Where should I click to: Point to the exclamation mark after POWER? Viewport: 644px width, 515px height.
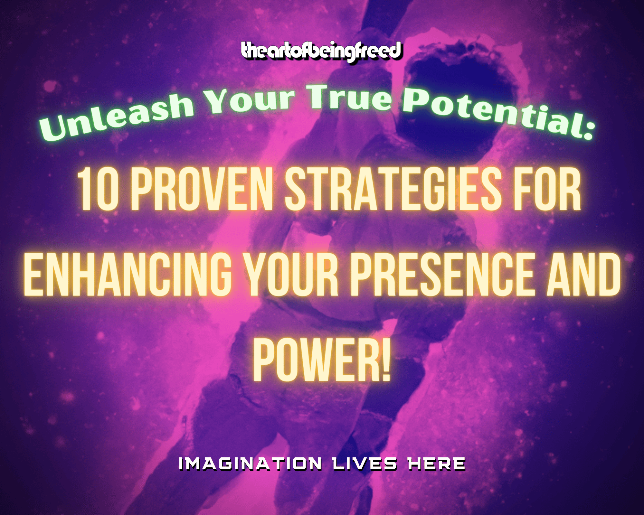(x=386, y=360)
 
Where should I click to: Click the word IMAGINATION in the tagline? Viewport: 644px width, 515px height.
(x=250, y=464)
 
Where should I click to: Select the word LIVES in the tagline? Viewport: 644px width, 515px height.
(x=365, y=464)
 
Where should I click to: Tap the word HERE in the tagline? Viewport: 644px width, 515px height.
(x=436, y=464)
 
